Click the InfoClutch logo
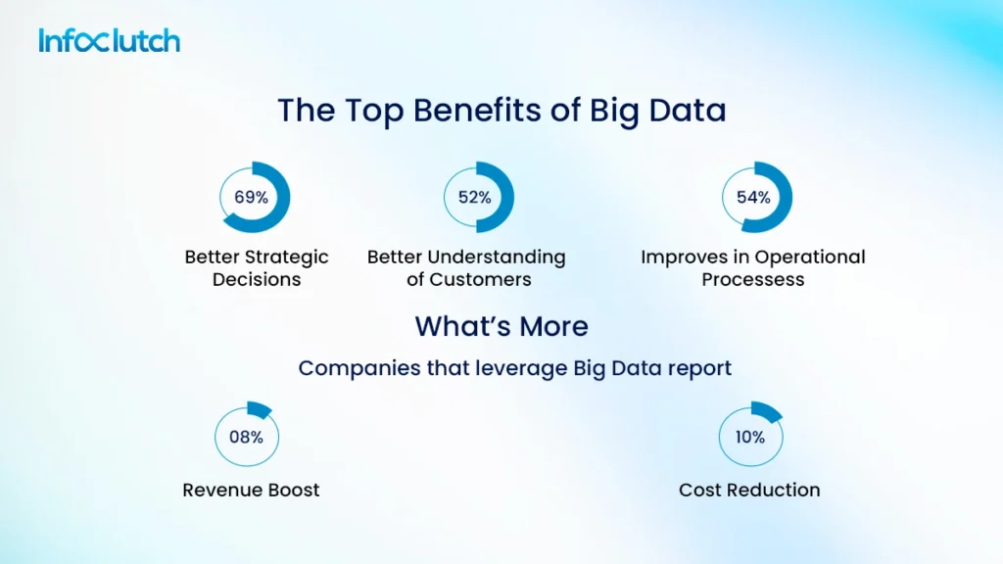(x=109, y=41)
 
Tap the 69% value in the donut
(x=251, y=197)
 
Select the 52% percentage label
(x=475, y=197)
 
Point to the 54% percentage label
(x=753, y=197)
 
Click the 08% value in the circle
(x=247, y=437)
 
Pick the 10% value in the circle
(x=750, y=437)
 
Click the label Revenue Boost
(x=251, y=490)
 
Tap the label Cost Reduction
(x=749, y=490)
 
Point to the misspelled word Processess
(x=753, y=280)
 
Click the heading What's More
(x=501, y=326)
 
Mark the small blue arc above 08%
(x=259, y=409)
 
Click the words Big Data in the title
(x=657, y=110)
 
